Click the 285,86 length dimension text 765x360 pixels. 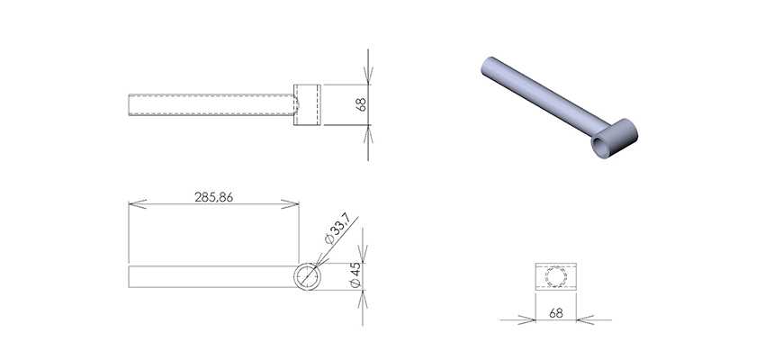(213, 197)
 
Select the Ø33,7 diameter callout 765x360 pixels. (337, 230)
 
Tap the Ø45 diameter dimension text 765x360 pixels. (355, 274)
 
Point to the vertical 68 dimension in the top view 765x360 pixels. (361, 104)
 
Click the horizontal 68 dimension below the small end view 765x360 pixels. (555, 313)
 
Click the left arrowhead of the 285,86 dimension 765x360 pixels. (138, 204)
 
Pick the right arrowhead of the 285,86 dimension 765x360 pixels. (290, 204)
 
